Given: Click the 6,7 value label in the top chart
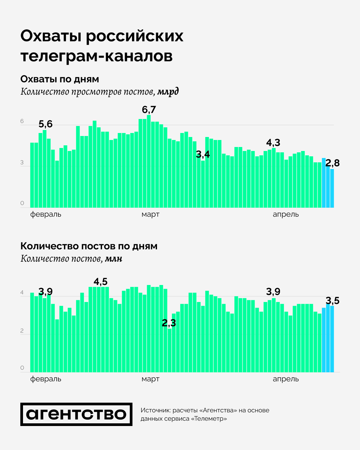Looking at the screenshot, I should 149,110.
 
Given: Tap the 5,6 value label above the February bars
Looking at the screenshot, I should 46,124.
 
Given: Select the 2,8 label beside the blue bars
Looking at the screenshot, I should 332,163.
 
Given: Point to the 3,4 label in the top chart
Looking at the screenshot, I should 203,154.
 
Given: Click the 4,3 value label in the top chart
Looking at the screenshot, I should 273,143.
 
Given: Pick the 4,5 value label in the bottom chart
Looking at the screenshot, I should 100,282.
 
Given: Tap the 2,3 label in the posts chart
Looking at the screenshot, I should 169,323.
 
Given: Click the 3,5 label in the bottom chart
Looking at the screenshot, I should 332,301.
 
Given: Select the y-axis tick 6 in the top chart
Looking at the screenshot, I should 22,121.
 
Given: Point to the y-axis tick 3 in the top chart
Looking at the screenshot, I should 22,163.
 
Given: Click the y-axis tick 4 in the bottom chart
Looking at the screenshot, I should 22,293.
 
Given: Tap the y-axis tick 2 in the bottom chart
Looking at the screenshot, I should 22,331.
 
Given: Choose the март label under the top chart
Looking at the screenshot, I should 150,214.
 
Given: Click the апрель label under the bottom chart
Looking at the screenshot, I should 286,379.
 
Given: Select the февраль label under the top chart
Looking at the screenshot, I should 46,214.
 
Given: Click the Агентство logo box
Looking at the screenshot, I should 76,414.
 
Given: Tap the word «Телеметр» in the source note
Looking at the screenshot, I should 209,419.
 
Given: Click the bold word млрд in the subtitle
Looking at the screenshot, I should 168,92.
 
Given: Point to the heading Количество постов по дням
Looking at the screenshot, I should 89,246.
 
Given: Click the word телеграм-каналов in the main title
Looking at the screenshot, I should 97,56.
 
